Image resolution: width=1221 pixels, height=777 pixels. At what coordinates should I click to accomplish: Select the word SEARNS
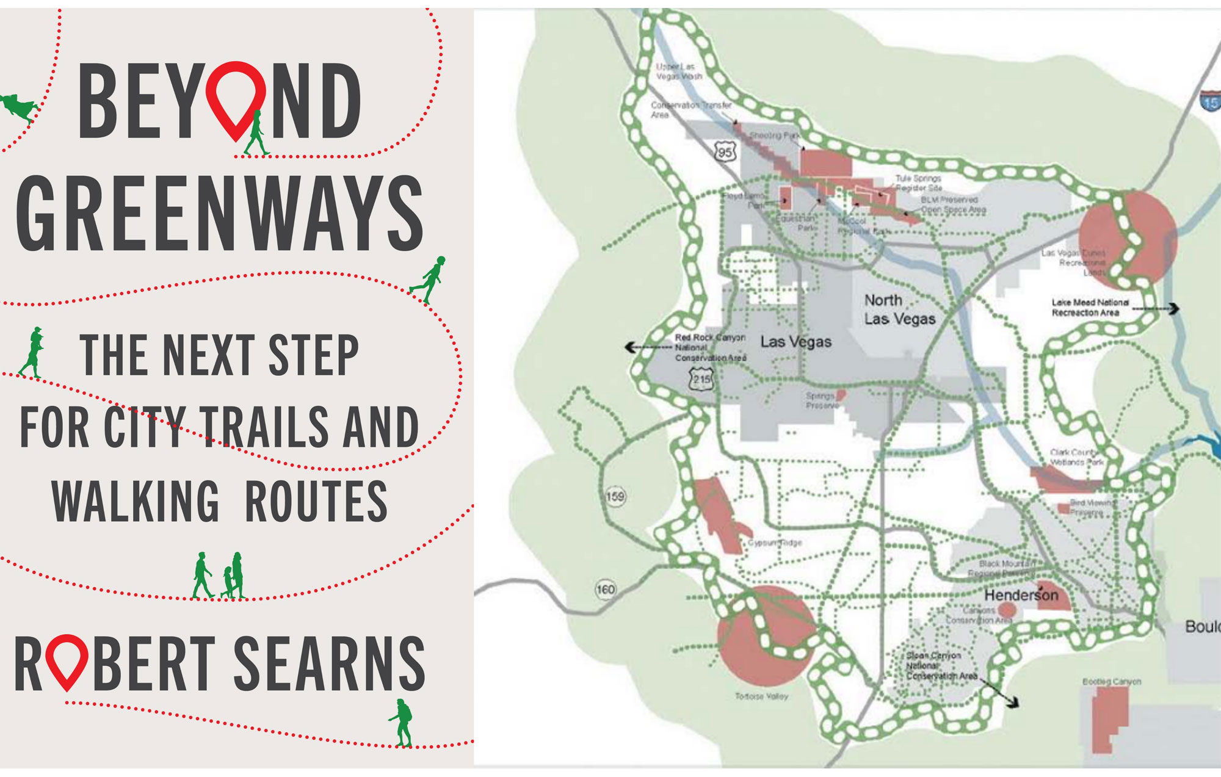tap(330, 663)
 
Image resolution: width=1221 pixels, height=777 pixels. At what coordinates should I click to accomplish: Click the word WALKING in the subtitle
tap(136, 502)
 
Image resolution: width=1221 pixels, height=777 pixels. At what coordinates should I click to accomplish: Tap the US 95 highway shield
tap(725, 151)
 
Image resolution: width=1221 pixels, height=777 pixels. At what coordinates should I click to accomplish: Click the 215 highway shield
tap(701, 379)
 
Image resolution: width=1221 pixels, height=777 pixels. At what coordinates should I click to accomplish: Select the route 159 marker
tap(615, 496)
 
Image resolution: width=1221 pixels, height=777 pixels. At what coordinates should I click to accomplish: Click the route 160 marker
tap(605, 589)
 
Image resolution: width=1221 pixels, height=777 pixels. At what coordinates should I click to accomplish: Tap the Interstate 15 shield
tap(1211, 102)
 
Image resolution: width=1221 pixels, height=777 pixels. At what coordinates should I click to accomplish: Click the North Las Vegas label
tap(900, 309)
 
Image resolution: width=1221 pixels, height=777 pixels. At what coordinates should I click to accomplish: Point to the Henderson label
tap(1021, 594)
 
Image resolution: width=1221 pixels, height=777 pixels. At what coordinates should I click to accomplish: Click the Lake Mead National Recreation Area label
tap(1090, 308)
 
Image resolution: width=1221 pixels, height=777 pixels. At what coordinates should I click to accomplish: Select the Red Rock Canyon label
tap(710, 347)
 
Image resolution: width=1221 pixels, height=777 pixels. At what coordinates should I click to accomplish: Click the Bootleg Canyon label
tap(1111, 681)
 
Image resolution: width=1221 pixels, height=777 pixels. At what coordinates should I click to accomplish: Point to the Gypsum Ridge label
tap(775, 542)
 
